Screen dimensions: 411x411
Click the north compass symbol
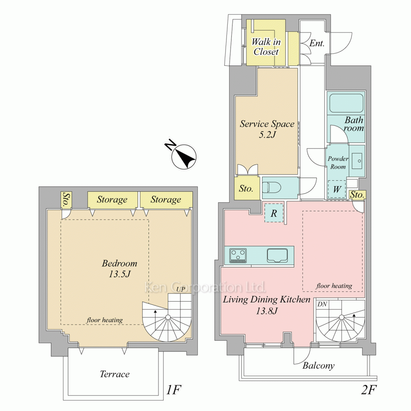[x=183, y=156]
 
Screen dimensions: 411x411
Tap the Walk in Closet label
[x=266, y=47]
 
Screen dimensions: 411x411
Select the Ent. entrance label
[x=317, y=43]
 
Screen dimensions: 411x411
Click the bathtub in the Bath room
[x=346, y=103]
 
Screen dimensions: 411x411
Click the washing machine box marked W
[x=337, y=189]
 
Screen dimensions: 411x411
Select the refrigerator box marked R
[x=274, y=213]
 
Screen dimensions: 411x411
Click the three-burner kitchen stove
[x=238, y=255]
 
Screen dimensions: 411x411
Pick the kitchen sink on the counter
[x=277, y=255]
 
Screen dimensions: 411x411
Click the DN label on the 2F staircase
[x=322, y=304]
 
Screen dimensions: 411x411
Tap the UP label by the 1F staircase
[x=181, y=289]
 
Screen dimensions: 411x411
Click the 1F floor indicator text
[x=173, y=390]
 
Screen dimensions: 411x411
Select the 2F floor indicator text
[x=369, y=390]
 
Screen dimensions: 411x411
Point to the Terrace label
[x=115, y=374]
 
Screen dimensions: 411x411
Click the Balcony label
[x=319, y=366]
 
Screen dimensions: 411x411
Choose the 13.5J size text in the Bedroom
[x=120, y=274]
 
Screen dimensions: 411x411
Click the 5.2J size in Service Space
[x=268, y=135]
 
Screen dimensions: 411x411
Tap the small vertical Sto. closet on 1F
[x=67, y=200]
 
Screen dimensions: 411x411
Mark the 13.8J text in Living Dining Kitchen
[x=267, y=311]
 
